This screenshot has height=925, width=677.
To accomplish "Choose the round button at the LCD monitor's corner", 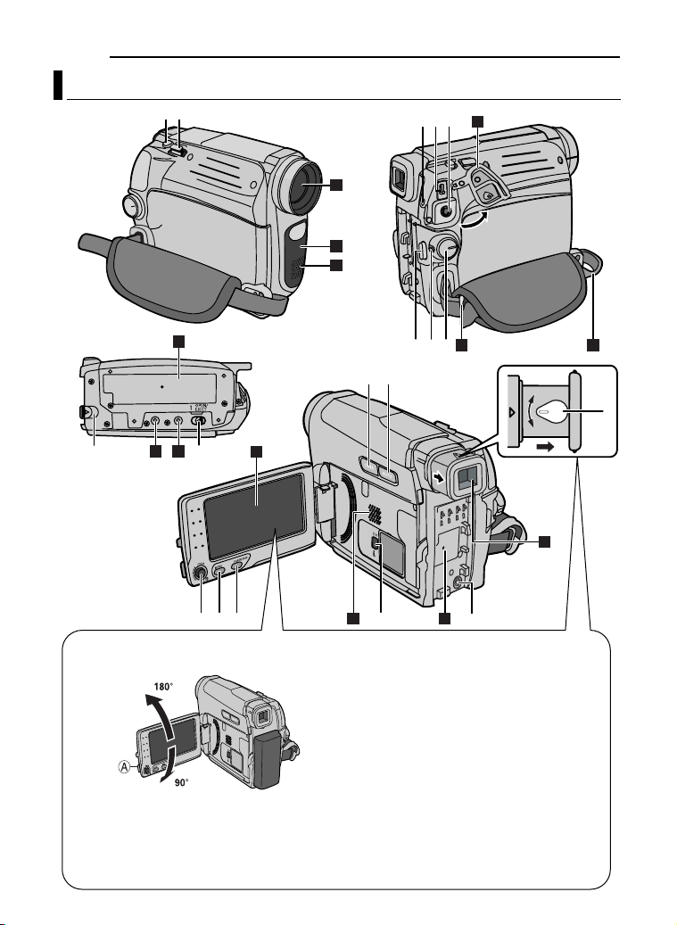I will [x=198, y=574].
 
